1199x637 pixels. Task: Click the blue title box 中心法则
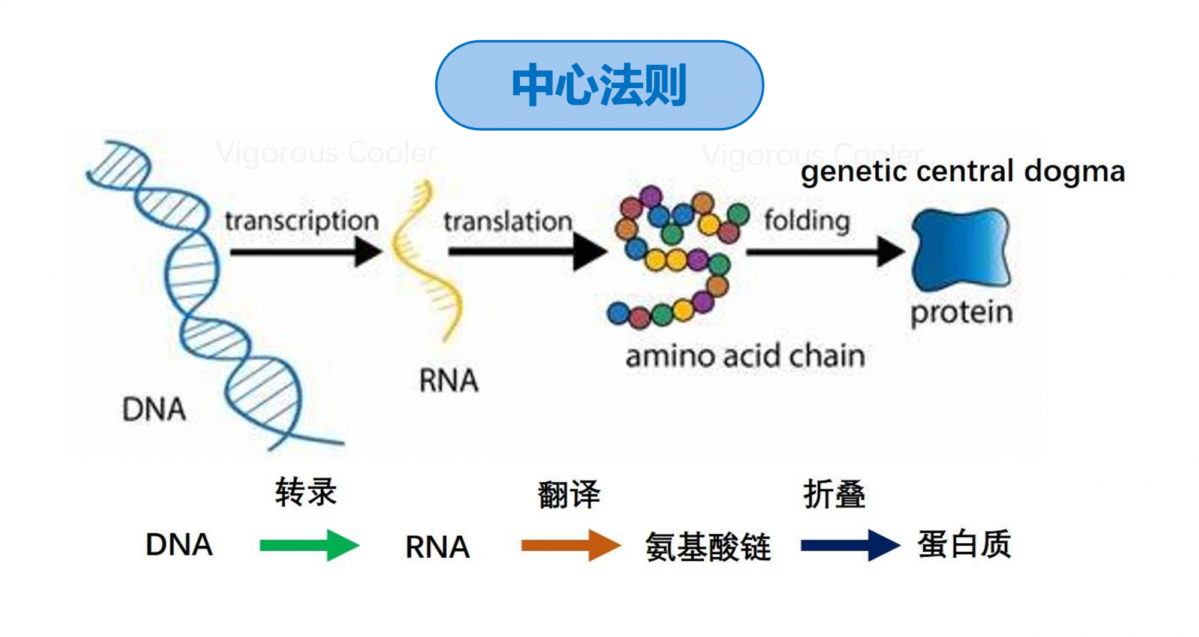pyautogui.click(x=599, y=85)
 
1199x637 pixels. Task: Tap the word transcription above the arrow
pyautogui.click(x=302, y=221)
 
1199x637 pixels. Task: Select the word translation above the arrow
pyautogui.click(x=508, y=221)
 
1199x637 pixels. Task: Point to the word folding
pyautogui.click(x=807, y=221)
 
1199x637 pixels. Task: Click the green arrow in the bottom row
pyautogui.click(x=309, y=545)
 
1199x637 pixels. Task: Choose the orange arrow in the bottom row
pyautogui.click(x=570, y=545)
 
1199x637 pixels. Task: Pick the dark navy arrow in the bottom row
pyautogui.click(x=849, y=545)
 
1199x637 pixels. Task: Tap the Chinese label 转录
pyautogui.click(x=306, y=492)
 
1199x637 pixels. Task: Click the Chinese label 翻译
pyautogui.click(x=568, y=495)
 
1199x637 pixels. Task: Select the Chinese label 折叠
pyautogui.click(x=834, y=495)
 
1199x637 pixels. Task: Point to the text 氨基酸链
pyautogui.click(x=707, y=547)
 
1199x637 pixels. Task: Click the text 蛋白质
pyautogui.click(x=964, y=545)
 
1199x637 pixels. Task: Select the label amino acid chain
pyautogui.click(x=745, y=356)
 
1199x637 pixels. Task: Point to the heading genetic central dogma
pyautogui.click(x=963, y=172)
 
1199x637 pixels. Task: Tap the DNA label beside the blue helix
pyautogui.click(x=154, y=410)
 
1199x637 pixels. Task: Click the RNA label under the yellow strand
pyautogui.click(x=448, y=380)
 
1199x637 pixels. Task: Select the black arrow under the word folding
pyautogui.click(x=824, y=252)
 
